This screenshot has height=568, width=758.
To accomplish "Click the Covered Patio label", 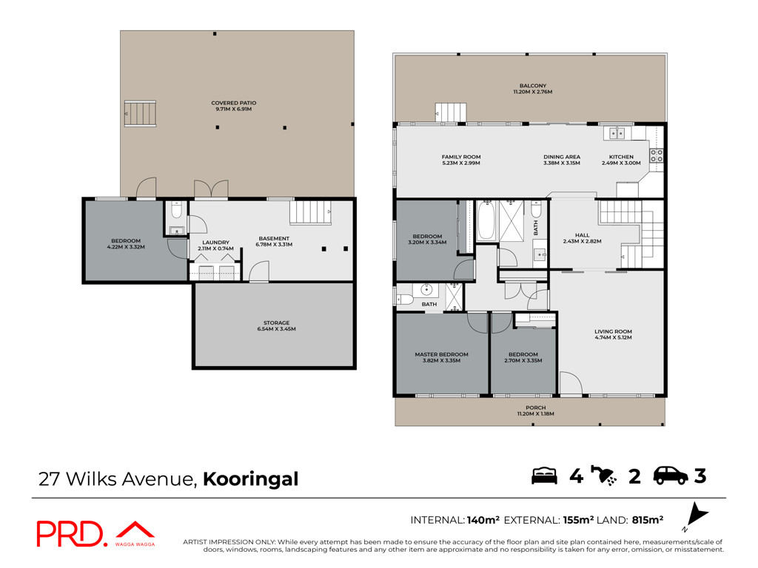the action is (233, 106).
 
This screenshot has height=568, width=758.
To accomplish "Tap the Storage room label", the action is (277, 325).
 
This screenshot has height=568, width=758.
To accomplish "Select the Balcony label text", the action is (533, 89).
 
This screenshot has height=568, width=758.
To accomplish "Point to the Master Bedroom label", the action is (441, 357).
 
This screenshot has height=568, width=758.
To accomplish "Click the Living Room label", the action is (613, 334).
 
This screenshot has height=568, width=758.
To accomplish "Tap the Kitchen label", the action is (621, 160).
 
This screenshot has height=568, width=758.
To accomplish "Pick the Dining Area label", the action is (562, 160).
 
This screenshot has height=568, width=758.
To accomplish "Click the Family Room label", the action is (461, 160).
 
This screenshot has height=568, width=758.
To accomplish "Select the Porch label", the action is (536, 410).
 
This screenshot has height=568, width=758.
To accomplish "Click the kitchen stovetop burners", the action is (656, 155).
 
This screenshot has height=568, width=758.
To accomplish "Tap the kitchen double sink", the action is (617, 133).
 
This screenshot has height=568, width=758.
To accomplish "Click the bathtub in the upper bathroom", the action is (486, 222).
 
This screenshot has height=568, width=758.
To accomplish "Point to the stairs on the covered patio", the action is (140, 113).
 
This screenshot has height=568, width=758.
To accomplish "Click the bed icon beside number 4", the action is (544, 476).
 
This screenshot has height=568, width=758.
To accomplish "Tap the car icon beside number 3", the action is (671, 476).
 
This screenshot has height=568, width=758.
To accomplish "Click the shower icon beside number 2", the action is (603, 476).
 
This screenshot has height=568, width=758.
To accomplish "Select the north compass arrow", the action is (697, 514).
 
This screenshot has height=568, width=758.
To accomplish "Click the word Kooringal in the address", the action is (250, 479).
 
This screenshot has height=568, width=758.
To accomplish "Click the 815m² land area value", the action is (647, 520).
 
